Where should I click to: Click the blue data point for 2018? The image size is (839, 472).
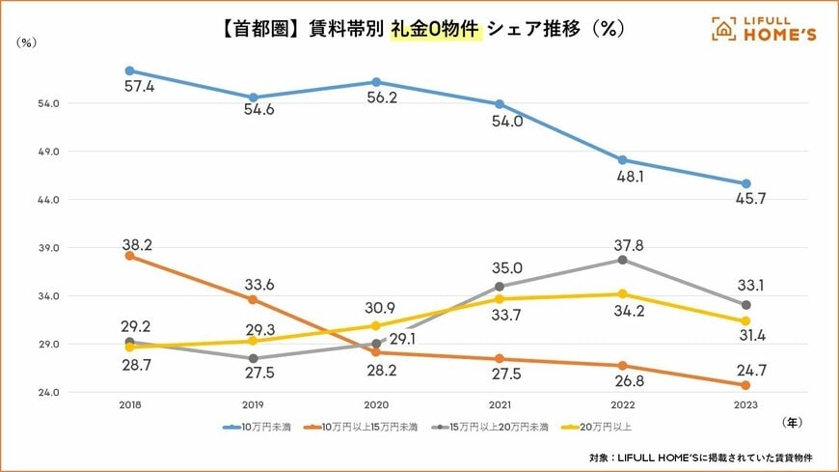tap(129, 70)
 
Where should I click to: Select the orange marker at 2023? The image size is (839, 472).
tap(745, 385)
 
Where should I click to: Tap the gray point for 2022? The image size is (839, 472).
tap(622, 260)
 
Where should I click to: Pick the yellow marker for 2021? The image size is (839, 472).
tap(500, 298)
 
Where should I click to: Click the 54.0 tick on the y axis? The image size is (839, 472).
tap(50, 103)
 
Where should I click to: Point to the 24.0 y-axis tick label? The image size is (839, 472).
tap(50, 393)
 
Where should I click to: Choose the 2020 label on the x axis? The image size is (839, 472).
tap(375, 405)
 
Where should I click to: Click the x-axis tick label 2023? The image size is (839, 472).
tap(745, 405)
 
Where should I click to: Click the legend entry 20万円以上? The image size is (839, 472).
tap(607, 426)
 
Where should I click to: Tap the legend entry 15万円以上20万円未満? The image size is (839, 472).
tap(493, 426)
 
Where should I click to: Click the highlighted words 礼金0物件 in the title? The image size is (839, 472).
tap(436, 29)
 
